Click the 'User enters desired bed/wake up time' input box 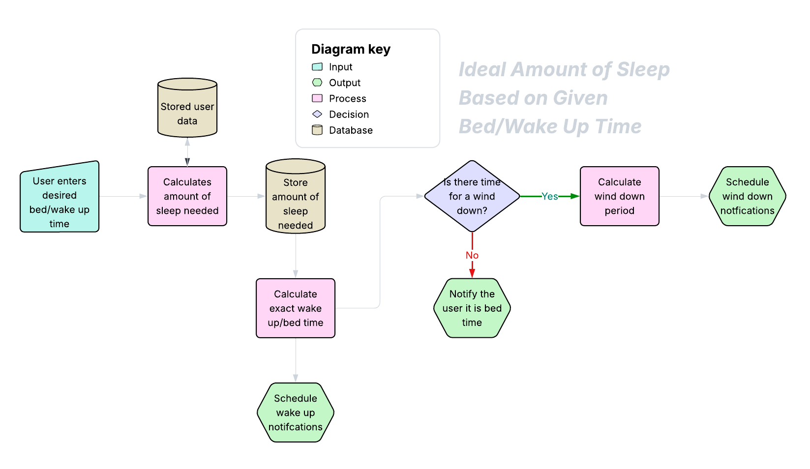click(60, 198)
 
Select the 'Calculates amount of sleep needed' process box click(187, 196)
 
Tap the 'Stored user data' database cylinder click(187, 109)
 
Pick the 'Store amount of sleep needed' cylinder click(296, 198)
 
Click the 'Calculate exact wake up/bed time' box click(296, 308)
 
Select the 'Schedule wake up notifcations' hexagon click(296, 412)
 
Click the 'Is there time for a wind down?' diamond click(472, 196)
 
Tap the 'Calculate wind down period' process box click(620, 196)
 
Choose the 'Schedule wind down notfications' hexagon click(748, 196)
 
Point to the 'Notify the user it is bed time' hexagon click(472, 308)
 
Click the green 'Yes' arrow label click(550, 197)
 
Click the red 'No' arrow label click(472, 255)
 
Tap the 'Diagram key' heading click(351, 49)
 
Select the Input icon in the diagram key click(317, 67)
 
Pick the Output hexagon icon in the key click(317, 83)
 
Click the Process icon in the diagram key click(317, 98)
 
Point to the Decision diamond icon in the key click(317, 114)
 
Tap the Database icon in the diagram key click(317, 130)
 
